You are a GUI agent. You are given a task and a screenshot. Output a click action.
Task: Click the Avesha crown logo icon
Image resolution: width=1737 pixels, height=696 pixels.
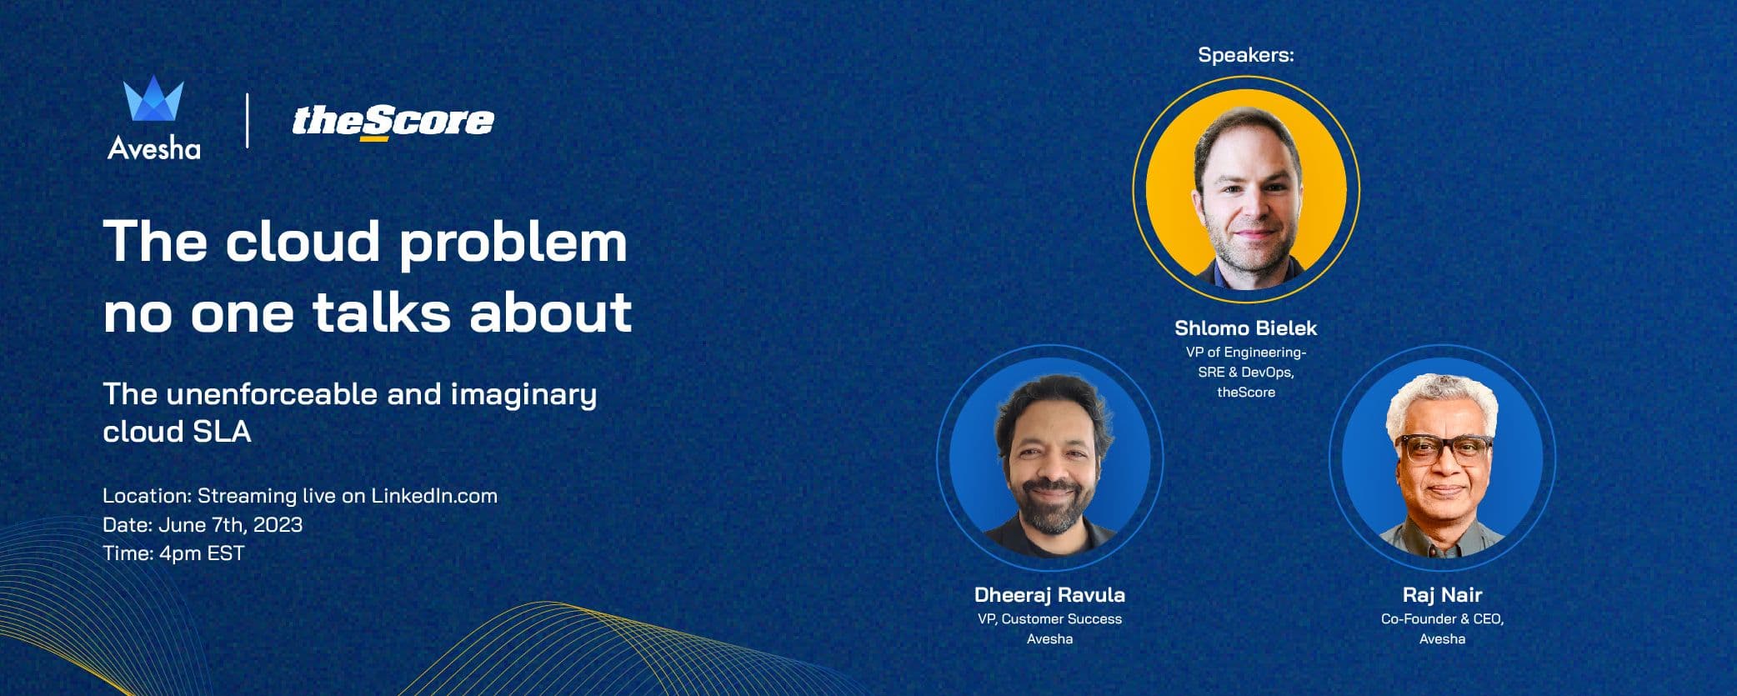tap(153, 100)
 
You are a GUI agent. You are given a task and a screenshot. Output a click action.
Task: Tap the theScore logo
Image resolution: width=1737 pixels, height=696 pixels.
tap(393, 122)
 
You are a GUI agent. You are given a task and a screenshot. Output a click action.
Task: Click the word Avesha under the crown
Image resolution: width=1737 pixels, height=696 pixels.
tap(154, 149)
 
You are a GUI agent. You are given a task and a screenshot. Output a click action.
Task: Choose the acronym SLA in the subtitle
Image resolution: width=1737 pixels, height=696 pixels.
tap(223, 432)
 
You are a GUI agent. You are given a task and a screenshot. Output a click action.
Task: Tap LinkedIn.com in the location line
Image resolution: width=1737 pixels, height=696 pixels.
tap(433, 496)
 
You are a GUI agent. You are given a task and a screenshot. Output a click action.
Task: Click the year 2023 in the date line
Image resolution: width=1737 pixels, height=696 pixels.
tap(278, 525)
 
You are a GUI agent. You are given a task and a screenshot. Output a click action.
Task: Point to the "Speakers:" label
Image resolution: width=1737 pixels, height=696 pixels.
tap(1245, 55)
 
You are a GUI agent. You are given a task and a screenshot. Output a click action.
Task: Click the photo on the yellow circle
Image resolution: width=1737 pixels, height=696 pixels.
tap(1245, 190)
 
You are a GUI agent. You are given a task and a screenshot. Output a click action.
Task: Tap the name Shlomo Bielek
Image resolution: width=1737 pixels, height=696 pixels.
tap(1245, 328)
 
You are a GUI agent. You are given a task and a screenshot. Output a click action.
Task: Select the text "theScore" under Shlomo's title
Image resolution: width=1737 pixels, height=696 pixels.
tap(1245, 393)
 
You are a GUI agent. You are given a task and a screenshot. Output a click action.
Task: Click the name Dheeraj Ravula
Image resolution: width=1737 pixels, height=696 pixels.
tap(1049, 595)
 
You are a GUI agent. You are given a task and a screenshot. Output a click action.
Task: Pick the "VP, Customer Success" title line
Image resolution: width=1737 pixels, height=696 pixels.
tap(1049, 619)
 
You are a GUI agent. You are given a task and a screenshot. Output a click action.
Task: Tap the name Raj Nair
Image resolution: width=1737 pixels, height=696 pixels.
tap(1442, 595)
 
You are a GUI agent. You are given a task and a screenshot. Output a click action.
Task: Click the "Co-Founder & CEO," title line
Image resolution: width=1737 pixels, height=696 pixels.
tap(1442, 619)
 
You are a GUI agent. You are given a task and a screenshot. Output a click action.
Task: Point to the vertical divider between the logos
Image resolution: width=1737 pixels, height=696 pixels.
tap(248, 121)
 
